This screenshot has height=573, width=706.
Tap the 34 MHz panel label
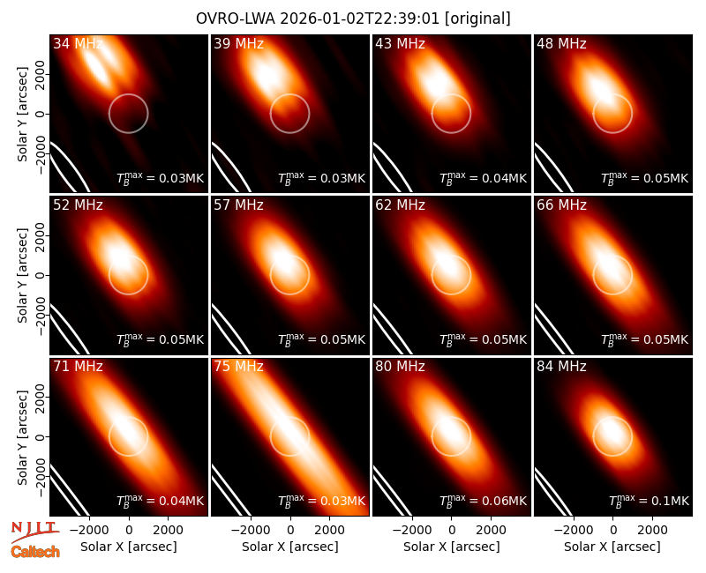point(78,43)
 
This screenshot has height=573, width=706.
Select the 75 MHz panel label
point(238,366)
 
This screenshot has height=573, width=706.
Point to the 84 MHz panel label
point(561,366)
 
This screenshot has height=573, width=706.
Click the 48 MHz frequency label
point(561,43)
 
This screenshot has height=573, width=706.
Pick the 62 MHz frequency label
point(400,205)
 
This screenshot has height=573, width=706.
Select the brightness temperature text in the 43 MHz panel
point(483,177)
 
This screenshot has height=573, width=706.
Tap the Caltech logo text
point(35,552)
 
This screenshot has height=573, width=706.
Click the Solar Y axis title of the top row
point(22,115)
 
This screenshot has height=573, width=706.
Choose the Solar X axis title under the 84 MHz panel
point(612,547)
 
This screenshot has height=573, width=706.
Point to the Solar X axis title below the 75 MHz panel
point(290,547)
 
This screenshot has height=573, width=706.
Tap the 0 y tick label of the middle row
point(41,275)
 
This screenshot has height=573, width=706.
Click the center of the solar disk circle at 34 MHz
point(128,114)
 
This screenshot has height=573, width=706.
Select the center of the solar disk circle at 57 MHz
point(290,275)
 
